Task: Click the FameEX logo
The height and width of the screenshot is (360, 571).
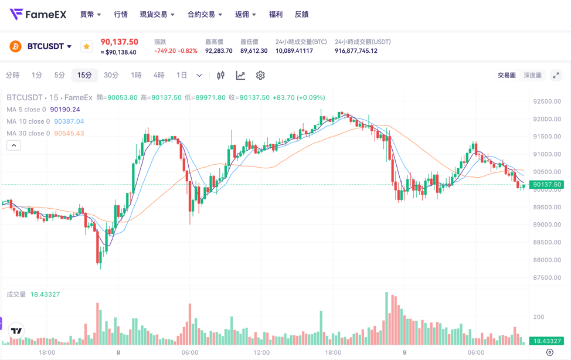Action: click(x=38, y=14)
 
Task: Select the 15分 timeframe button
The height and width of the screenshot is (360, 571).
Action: click(x=84, y=75)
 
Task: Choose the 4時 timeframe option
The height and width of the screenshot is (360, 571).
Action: click(x=159, y=75)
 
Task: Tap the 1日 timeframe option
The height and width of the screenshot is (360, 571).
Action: click(x=182, y=75)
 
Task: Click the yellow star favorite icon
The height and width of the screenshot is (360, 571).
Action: click(x=86, y=46)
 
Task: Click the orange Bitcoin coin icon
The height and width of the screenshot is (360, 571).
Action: click(x=16, y=46)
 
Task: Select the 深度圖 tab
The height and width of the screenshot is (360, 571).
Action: click(x=532, y=75)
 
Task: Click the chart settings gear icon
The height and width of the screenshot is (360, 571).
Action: click(x=260, y=75)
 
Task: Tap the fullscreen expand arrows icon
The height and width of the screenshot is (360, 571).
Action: click(x=556, y=75)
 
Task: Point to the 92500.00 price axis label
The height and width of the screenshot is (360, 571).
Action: click(x=546, y=101)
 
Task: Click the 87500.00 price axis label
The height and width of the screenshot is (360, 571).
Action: click(x=546, y=277)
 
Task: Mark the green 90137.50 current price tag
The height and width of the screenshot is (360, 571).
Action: click(x=546, y=185)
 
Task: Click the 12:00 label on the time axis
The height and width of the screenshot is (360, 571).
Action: click(x=261, y=352)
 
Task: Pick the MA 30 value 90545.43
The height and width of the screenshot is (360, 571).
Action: click(x=69, y=133)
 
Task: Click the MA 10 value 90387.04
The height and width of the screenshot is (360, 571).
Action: click(x=69, y=121)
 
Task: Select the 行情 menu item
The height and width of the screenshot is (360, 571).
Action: click(x=121, y=14)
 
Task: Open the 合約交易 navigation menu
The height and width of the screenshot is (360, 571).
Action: click(x=205, y=14)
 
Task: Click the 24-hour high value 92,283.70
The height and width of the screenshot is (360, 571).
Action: click(x=219, y=51)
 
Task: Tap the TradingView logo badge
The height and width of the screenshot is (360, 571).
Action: click(x=17, y=331)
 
